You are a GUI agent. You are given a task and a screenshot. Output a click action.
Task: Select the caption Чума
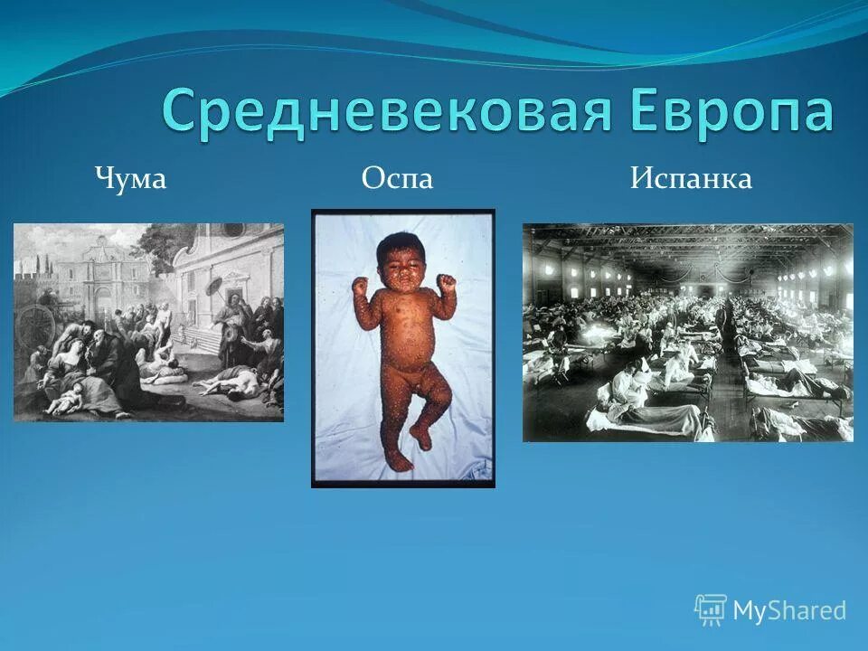pyautogui.click(x=131, y=179)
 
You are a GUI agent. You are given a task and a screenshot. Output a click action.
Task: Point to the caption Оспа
pyautogui.click(x=397, y=179)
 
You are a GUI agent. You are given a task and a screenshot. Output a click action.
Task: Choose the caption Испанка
pyautogui.click(x=691, y=179)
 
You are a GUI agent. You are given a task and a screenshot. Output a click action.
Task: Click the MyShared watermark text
pyautogui.click(x=789, y=611)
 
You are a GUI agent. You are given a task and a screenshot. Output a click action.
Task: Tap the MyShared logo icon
pyautogui.click(x=711, y=610)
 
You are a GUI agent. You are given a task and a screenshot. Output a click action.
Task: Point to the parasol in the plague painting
pyautogui.click(x=215, y=288)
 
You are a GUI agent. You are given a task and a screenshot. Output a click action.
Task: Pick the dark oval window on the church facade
pyautogui.click(x=233, y=231)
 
